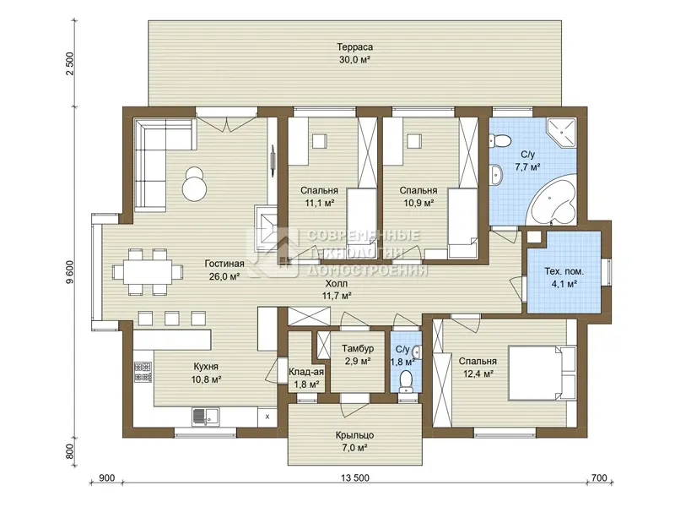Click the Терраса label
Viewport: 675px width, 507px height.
tap(354, 46)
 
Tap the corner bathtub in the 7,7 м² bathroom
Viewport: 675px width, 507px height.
tap(553, 200)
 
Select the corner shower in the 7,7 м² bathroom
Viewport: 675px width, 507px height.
tap(562, 133)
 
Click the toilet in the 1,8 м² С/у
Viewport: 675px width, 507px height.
tap(406, 382)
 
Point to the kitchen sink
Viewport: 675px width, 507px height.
tap(205, 417)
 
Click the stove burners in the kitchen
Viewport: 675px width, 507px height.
tap(143, 373)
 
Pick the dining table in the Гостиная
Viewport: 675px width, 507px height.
tap(147, 272)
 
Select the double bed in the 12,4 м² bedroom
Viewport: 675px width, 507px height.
tap(543, 372)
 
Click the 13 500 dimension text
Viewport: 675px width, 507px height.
tap(355, 477)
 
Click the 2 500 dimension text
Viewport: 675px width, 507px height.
tap(70, 63)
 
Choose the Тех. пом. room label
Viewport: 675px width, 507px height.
tap(564, 271)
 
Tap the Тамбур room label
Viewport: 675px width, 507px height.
tap(358, 348)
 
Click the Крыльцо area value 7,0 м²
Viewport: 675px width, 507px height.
tap(354, 448)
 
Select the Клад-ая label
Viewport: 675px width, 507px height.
tap(306, 372)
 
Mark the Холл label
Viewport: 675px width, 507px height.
tap(336, 284)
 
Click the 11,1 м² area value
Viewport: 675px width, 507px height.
tap(320, 203)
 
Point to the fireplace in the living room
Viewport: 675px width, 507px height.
tap(266, 227)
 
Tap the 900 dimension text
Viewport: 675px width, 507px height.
tap(107, 477)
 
